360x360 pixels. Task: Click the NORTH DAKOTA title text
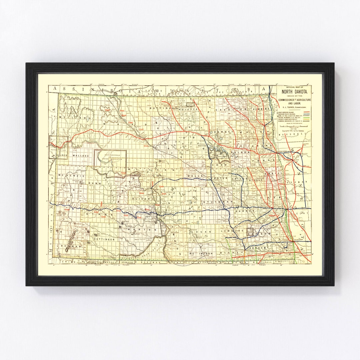292,93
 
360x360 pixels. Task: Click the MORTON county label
135,230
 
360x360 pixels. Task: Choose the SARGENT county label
257,248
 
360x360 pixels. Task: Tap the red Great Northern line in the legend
304,112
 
